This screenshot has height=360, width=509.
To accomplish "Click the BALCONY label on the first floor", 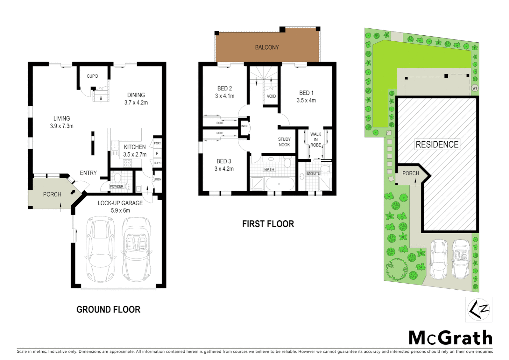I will (x=267, y=47).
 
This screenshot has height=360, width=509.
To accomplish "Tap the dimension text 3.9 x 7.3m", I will (x=62, y=126).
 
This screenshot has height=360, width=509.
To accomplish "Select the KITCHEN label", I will (x=135, y=147).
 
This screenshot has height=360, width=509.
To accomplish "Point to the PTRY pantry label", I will (x=157, y=143).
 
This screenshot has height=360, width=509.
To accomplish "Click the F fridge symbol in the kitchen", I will (x=157, y=154).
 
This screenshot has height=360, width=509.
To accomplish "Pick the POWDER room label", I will (x=117, y=186).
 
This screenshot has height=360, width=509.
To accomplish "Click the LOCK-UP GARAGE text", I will (x=120, y=203).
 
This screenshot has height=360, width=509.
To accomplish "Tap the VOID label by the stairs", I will (x=271, y=96).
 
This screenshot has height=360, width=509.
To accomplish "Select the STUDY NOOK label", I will (x=284, y=142).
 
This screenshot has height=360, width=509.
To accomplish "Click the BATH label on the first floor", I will (x=269, y=169).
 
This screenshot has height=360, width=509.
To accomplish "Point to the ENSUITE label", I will (x=313, y=173).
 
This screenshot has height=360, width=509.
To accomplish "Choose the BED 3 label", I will (x=224, y=161).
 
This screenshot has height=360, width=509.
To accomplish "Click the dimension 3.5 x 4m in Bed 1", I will (x=306, y=100).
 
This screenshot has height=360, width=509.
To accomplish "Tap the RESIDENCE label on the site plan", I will (x=437, y=144).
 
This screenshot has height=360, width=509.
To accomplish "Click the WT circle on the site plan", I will (x=475, y=88).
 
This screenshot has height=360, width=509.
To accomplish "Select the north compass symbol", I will (x=479, y=310).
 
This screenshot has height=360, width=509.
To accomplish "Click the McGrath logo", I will (x=450, y=338).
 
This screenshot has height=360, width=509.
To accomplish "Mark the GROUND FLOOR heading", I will (x=108, y=310).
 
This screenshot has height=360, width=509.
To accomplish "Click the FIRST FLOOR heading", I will (x=268, y=224).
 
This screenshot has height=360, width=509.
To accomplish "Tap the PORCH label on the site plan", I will (x=410, y=173).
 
